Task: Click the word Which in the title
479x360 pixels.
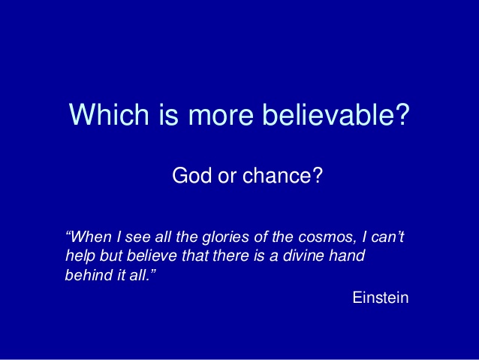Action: click(109, 114)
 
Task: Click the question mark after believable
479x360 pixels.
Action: click(402, 113)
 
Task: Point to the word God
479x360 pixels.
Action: click(192, 175)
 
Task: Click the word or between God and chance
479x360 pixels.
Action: click(227, 177)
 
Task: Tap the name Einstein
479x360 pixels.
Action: click(381, 298)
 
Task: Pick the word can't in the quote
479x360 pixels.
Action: click(387, 237)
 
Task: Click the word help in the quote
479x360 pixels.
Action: click(80, 256)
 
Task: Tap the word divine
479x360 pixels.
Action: click(303, 256)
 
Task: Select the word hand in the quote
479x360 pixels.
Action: click(347, 256)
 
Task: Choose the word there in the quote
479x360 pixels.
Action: click(230, 256)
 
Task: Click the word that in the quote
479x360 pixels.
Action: click(194, 256)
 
